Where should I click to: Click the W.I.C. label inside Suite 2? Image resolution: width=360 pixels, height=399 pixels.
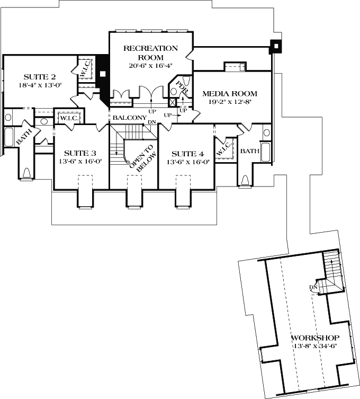[x=86, y=70]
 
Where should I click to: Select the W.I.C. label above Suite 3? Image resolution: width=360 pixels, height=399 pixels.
[x=68, y=118]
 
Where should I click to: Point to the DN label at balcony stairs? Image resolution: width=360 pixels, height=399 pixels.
[x=151, y=122]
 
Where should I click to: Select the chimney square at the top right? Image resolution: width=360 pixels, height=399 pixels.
[x=275, y=47]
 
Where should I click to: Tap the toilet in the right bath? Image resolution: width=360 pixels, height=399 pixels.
[x=245, y=180]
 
